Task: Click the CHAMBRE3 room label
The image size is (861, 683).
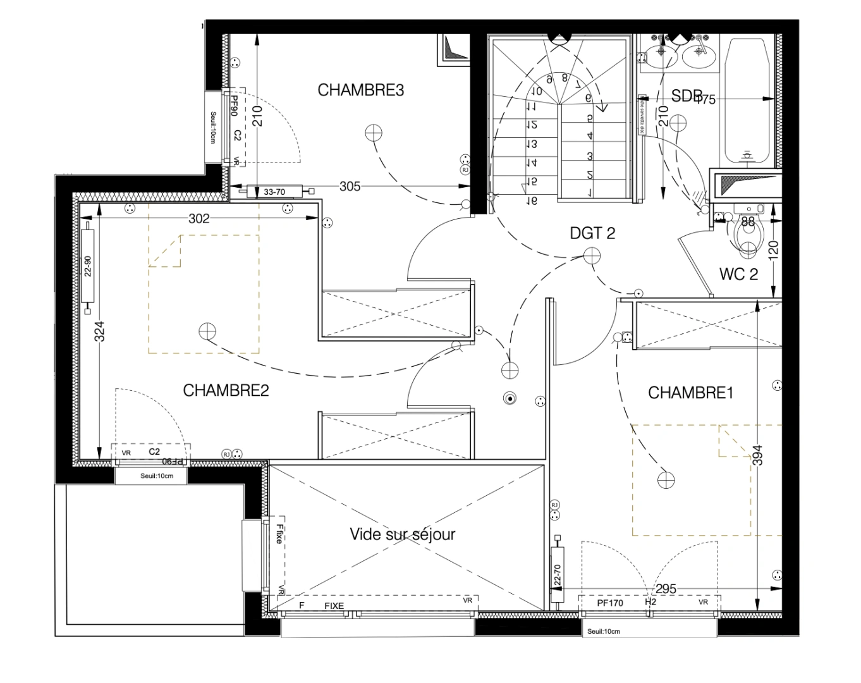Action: click(x=360, y=90)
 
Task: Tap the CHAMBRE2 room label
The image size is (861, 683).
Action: click(x=226, y=390)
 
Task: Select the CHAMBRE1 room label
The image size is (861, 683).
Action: click(x=690, y=393)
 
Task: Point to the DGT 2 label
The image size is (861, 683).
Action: click(x=592, y=233)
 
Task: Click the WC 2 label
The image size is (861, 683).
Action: click(x=738, y=274)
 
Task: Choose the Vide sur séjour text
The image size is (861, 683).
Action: click(x=403, y=534)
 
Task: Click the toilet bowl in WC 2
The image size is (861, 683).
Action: click(x=750, y=237)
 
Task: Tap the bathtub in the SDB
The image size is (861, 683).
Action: click(x=747, y=101)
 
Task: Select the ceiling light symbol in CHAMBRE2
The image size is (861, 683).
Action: click(x=207, y=331)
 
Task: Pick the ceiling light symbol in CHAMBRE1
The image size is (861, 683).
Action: click(x=666, y=480)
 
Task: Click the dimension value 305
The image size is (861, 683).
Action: click(x=350, y=186)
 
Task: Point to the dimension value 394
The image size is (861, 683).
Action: click(x=759, y=455)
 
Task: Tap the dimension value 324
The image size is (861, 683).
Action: click(x=99, y=331)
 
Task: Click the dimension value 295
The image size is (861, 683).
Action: click(x=666, y=589)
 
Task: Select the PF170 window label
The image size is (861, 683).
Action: click(x=610, y=603)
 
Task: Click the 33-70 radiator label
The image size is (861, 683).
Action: click(x=274, y=191)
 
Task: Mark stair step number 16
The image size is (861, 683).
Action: click(x=532, y=200)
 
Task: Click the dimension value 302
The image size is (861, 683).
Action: click(x=198, y=219)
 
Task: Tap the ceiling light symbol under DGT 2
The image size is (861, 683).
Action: click(x=592, y=255)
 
